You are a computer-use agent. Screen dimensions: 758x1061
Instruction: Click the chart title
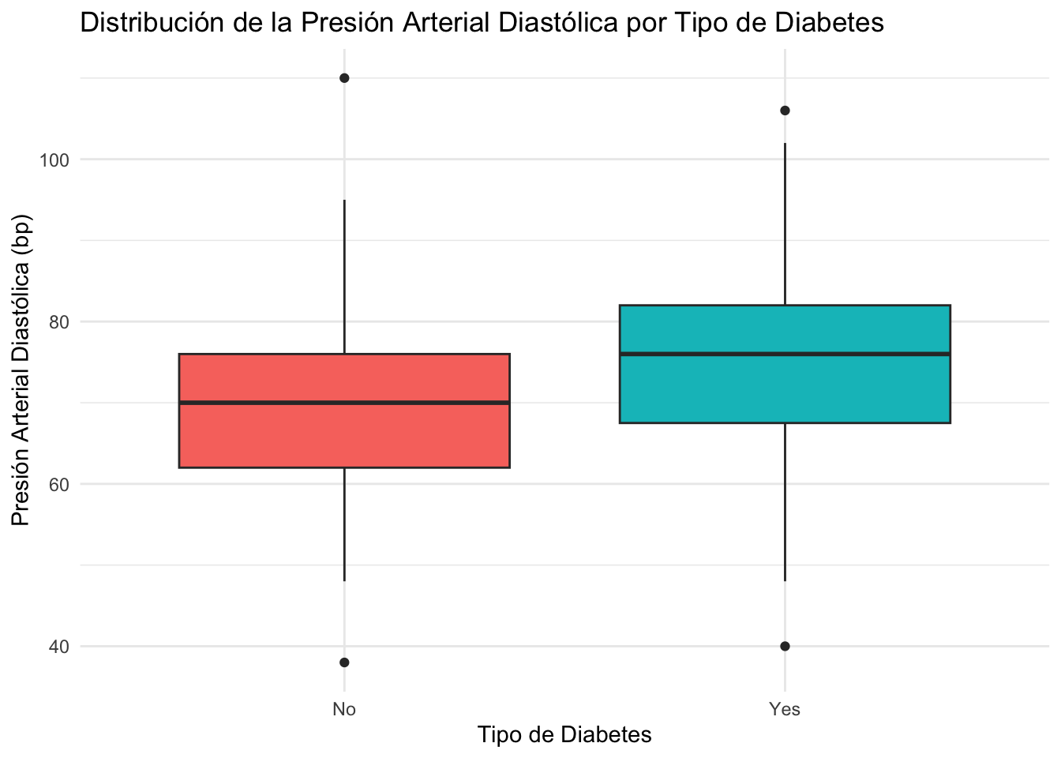482,24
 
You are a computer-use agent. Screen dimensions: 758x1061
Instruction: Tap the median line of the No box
344,403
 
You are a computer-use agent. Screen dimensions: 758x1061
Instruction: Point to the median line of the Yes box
785,354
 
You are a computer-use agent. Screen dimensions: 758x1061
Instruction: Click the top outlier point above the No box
344,78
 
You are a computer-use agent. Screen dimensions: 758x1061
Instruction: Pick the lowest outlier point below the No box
344,662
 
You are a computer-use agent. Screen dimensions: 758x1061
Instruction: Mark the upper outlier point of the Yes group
785,111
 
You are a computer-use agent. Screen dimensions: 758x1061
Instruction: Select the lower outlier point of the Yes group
785,646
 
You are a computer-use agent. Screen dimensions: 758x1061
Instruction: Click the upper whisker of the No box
344,276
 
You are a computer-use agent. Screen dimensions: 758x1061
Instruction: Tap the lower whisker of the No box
344,525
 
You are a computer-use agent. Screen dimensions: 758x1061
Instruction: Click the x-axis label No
344,709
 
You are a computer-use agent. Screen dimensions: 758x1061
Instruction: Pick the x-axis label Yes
785,709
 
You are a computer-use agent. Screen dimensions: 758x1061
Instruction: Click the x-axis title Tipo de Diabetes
564,735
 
